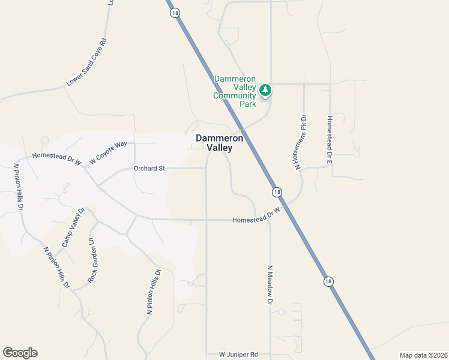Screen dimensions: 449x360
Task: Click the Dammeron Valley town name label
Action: tap(219, 143)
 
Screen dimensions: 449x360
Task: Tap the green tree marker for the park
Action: tap(265, 91)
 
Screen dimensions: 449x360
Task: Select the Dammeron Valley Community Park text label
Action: tap(235, 91)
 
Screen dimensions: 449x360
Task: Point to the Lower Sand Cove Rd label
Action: tap(86, 62)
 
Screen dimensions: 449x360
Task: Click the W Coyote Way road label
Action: tap(109, 152)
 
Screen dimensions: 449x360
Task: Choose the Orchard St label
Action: tap(149, 169)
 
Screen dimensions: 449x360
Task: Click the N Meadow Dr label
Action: tap(270, 285)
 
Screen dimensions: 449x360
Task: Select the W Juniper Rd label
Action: tap(238, 355)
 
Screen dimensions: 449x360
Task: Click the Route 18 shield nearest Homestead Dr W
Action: tap(276, 192)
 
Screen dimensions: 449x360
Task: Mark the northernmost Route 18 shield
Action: tap(173, 13)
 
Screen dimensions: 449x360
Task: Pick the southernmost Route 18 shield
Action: tap(328, 281)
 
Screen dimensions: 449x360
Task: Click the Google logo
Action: tap(20, 353)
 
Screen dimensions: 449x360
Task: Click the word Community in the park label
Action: tap(235, 95)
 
